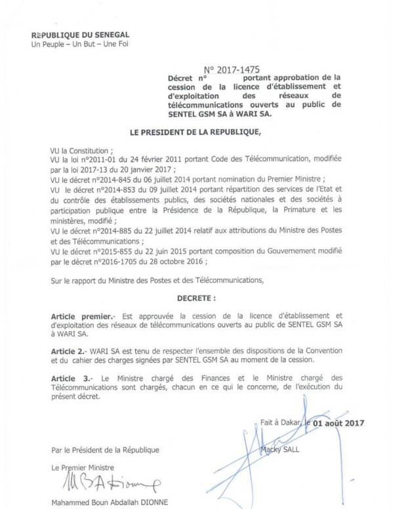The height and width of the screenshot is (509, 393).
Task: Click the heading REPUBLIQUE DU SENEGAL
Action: pyautogui.click(x=80, y=33)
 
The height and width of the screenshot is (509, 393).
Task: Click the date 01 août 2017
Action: pyautogui.click(x=337, y=423)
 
